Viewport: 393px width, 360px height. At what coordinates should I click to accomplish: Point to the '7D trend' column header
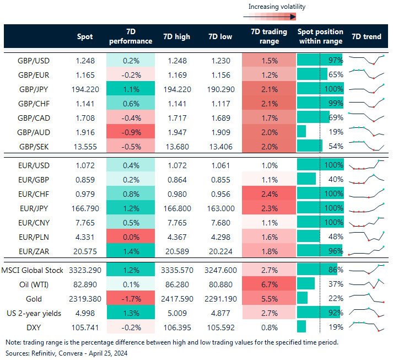coord(365,37)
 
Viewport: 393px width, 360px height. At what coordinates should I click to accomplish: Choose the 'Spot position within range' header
coord(320,37)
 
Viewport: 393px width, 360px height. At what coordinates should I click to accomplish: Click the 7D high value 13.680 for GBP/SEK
coord(176,146)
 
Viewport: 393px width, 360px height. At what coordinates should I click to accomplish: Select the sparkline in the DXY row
coord(365,326)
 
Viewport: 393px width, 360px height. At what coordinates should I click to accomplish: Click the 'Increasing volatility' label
coord(276,7)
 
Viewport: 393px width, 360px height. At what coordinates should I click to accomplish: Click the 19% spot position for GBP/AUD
coord(335,132)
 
